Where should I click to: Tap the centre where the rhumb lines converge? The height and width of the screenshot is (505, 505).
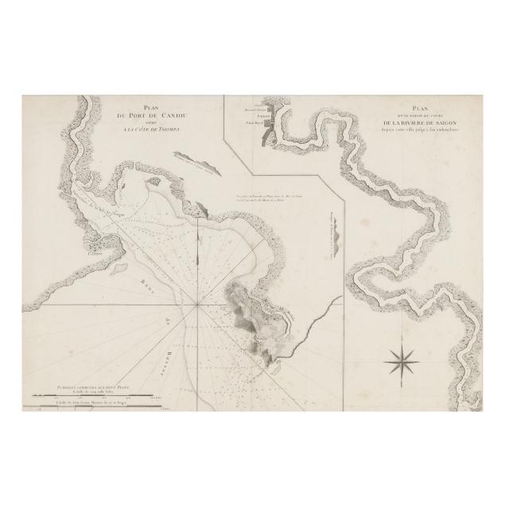196,303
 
